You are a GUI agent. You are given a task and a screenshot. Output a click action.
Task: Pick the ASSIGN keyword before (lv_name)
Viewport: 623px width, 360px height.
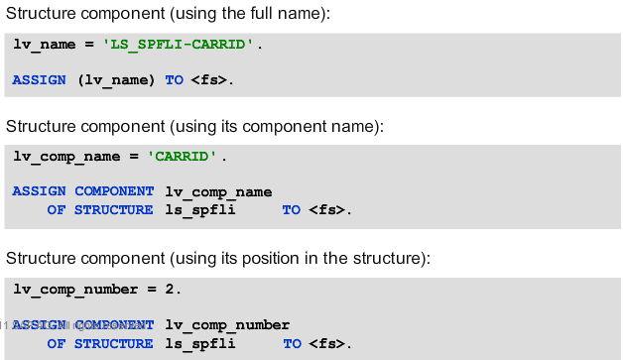40,79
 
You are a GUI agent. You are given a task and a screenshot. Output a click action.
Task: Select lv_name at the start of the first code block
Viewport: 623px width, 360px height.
48,46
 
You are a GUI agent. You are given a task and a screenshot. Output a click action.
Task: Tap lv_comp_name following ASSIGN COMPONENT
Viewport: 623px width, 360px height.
218,191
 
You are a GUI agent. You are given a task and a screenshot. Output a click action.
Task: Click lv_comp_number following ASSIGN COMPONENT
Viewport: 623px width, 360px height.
227,324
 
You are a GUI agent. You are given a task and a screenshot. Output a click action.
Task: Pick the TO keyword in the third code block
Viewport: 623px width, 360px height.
292,343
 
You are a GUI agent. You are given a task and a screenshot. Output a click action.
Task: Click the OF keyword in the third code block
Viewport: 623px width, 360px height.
57,343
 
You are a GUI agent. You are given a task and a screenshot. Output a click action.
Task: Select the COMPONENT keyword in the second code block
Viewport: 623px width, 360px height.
114,191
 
